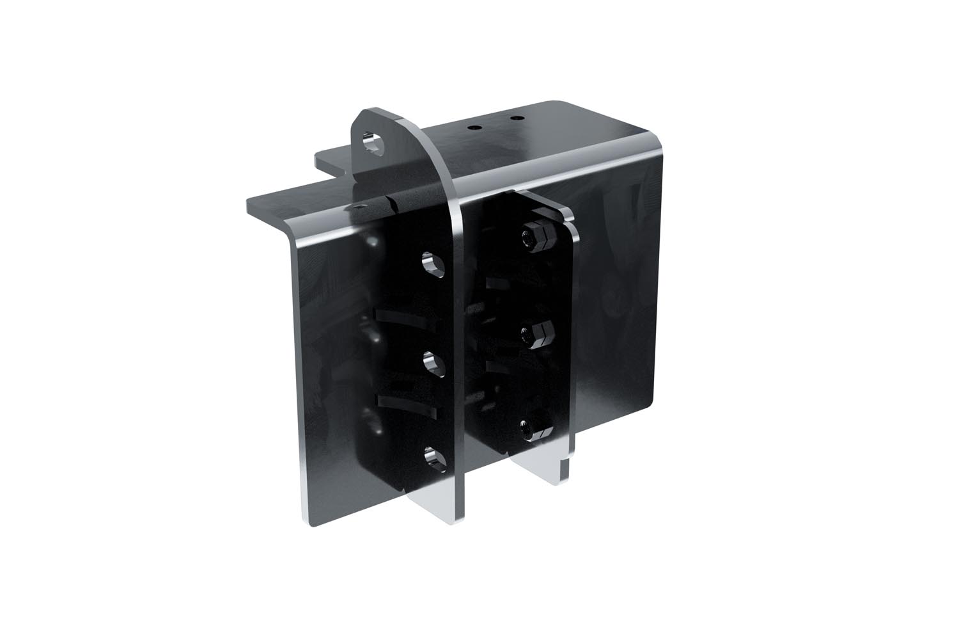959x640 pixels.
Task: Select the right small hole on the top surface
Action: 513,118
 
